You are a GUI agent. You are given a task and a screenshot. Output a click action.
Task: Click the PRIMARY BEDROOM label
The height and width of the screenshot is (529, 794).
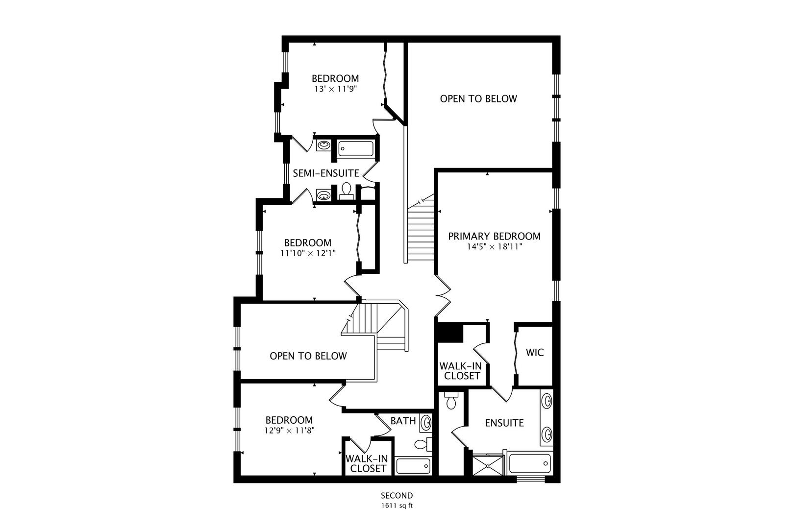point(494,236)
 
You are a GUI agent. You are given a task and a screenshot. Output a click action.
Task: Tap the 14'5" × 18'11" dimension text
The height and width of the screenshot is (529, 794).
point(495,246)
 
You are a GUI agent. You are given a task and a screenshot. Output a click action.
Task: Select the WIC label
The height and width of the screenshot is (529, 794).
point(535,352)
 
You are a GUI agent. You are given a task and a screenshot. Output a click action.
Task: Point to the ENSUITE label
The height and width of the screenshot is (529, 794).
point(504,423)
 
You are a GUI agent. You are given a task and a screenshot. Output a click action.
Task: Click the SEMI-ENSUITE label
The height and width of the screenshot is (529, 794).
point(326,173)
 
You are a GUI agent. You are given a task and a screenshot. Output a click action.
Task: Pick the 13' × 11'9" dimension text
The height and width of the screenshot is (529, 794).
point(335,89)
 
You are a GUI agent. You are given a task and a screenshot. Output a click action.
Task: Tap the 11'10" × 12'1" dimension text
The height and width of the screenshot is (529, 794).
point(308,253)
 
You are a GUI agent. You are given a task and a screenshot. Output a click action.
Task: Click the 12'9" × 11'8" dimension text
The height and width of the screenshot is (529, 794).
point(289,431)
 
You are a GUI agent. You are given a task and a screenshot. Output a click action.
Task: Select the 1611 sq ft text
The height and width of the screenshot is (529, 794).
point(397,505)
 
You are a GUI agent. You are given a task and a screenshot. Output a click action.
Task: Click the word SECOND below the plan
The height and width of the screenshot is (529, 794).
point(397,495)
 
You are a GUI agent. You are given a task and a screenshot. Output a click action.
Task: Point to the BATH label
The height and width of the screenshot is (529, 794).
point(403,421)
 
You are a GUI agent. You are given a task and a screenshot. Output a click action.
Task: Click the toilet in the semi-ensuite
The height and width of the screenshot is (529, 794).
point(346,191)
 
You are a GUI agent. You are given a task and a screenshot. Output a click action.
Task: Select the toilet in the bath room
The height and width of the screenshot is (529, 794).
point(423,444)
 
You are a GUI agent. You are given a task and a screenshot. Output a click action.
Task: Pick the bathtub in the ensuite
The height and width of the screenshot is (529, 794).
point(529,463)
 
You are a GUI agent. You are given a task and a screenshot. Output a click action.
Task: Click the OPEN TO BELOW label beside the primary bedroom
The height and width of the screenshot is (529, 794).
point(478,99)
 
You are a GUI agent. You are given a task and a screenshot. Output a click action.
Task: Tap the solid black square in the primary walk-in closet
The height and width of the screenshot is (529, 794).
point(450,333)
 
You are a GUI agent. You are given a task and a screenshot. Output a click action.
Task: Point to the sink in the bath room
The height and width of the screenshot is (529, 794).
point(426,422)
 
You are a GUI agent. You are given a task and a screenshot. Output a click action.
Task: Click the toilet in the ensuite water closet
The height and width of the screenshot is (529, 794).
point(451,401)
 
